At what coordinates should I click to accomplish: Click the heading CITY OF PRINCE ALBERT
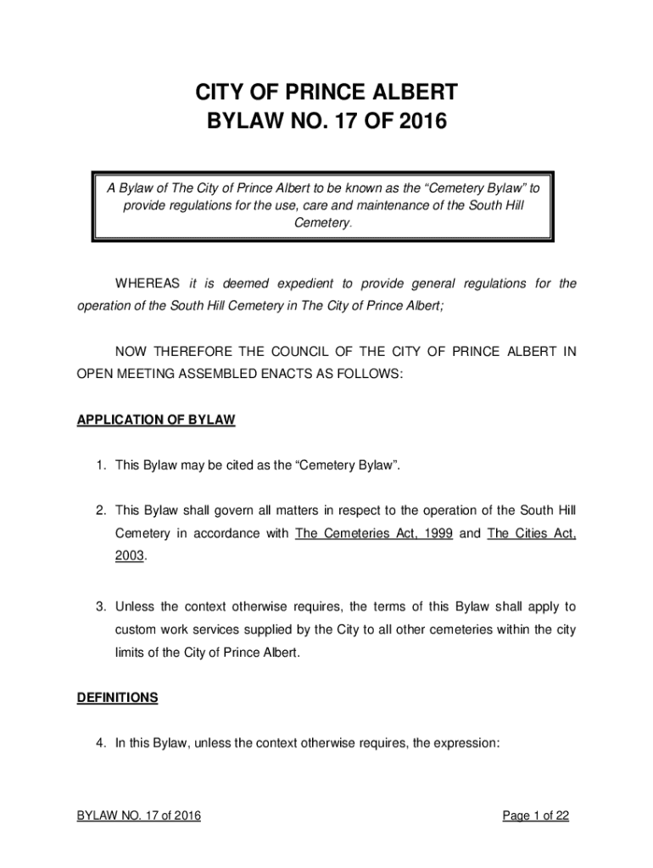(x=326, y=92)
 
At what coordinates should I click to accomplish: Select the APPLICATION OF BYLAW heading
(x=156, y=420)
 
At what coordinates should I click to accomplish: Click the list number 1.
(x=100, y=465)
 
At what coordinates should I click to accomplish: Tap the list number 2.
(x=100, y=510)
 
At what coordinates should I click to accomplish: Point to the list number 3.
(x=100, y=607)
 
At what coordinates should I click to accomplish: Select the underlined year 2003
(x=130, y=557)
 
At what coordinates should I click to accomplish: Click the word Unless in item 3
(x=135, y=607)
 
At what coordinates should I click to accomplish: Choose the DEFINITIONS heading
(x=118, y=698)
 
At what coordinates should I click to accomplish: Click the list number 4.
(x=100, y=743)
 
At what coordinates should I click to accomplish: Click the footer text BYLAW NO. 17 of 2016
(x=139, y=816)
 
